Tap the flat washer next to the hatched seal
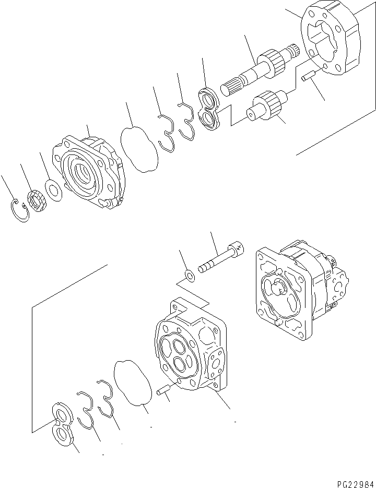(x=53, y=189)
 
